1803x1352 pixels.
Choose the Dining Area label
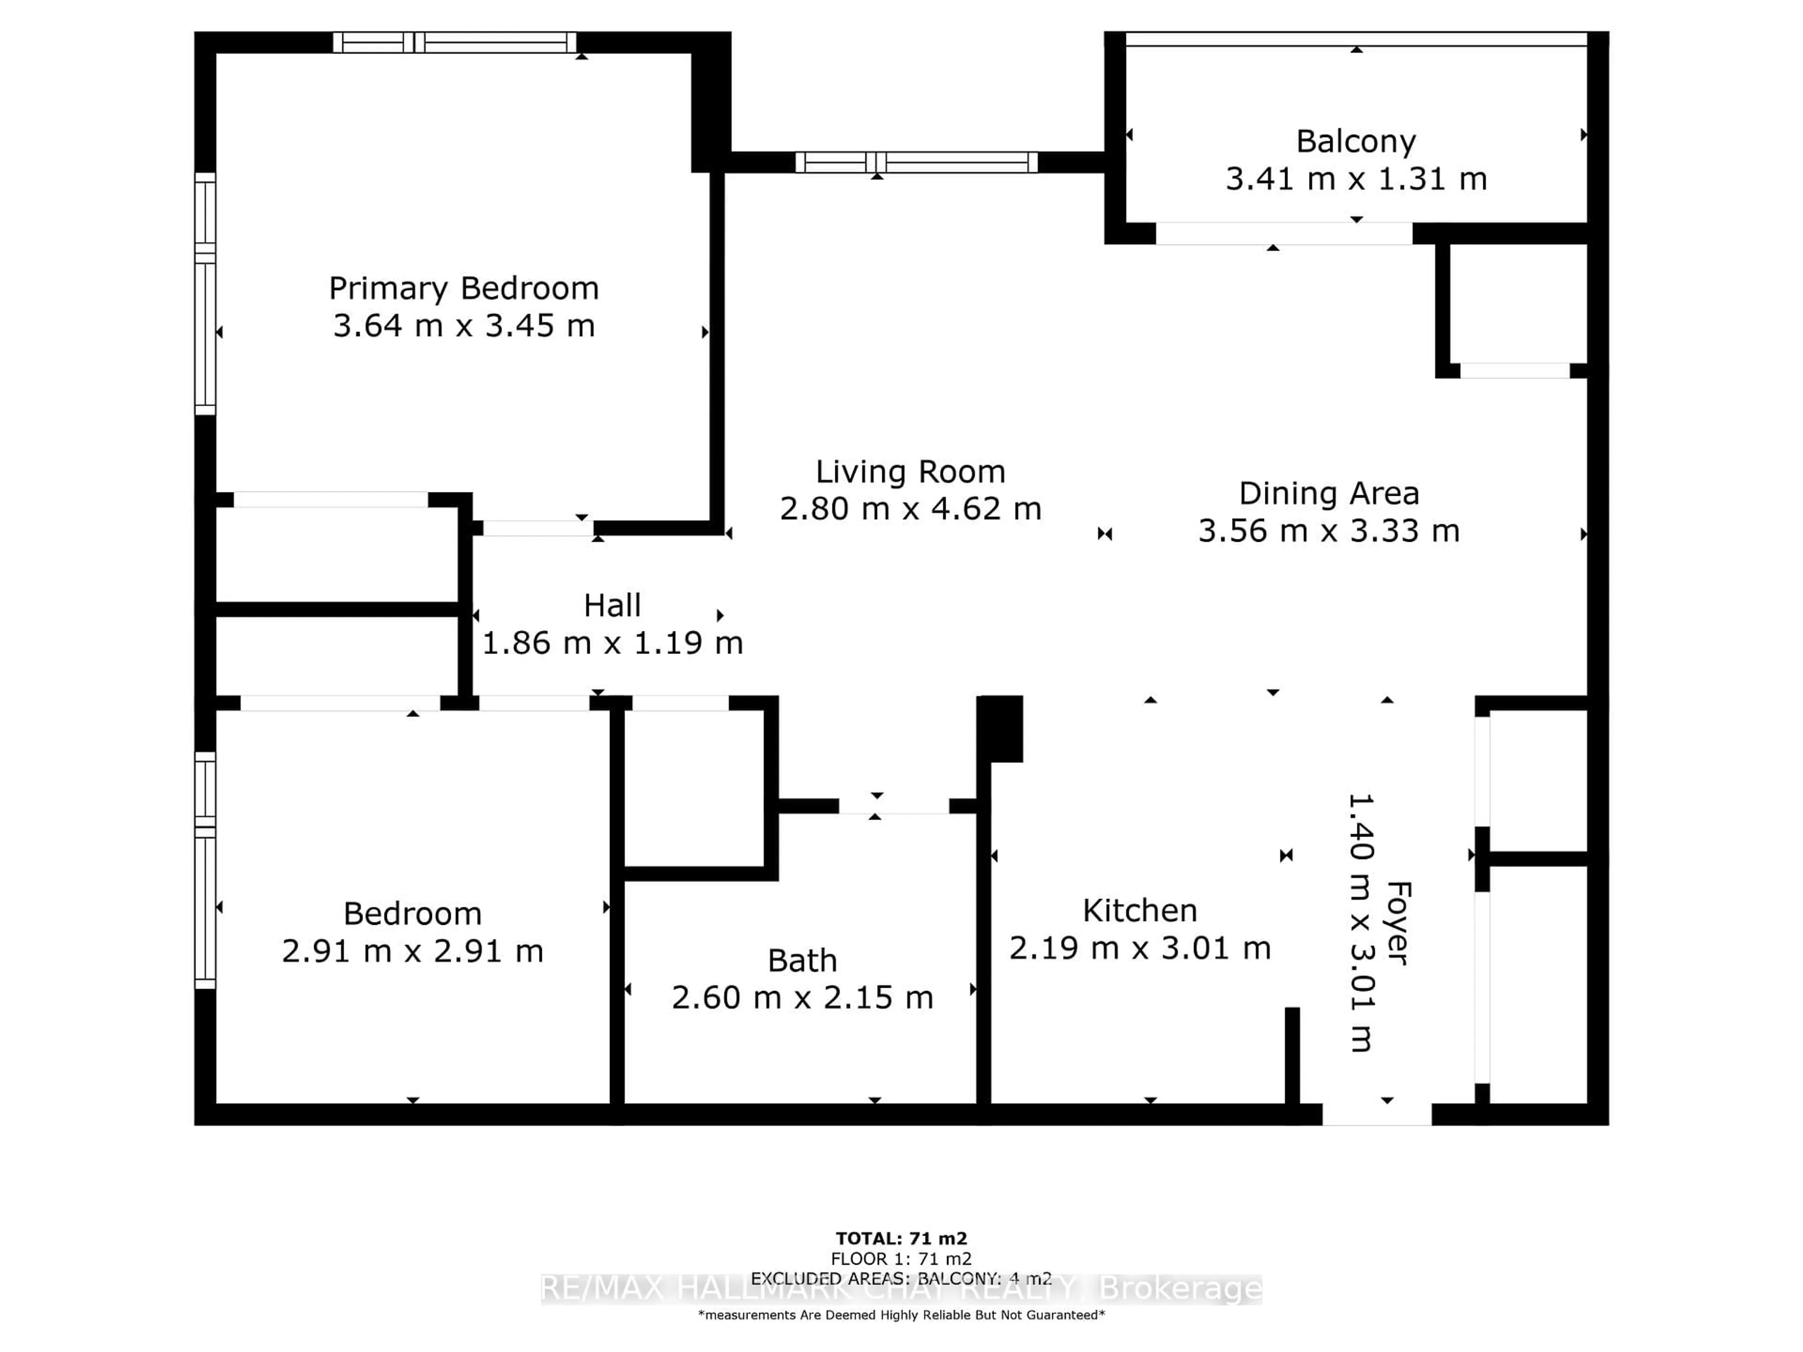(x=1329, y=494)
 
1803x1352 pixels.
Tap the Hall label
(x=612, y=606)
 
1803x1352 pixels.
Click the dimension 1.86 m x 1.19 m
(x=612, y=643)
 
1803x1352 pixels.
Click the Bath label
(x=802, y=961)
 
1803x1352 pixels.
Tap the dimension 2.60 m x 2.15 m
(x=802, y=998)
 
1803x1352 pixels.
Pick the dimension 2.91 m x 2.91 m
(x=412, y=951)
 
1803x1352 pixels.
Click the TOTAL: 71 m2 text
(x=901, y=1239)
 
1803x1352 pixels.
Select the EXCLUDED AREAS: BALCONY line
(x=901, y=1279)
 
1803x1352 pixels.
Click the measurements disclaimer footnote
(x=901, y=1314)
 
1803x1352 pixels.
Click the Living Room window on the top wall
(x=916, y=162)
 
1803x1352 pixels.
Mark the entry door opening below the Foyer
(x=1377, y=1114)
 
